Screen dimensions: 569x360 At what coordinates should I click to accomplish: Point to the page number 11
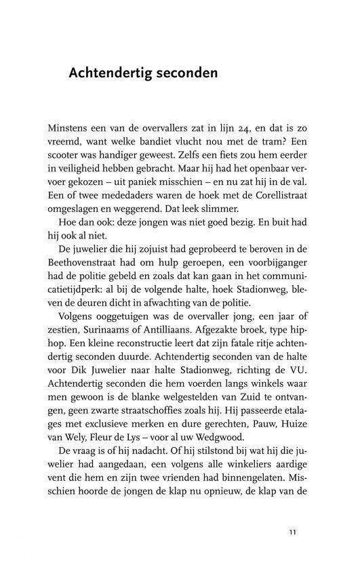(292, 531)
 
